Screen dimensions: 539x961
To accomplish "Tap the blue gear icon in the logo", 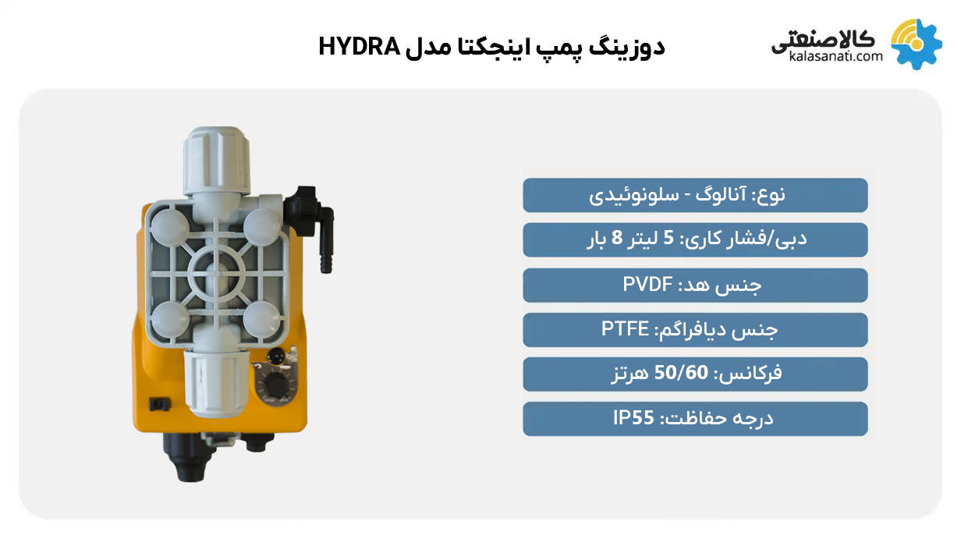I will point(917,44).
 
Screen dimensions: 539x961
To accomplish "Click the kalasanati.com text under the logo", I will point(835,56).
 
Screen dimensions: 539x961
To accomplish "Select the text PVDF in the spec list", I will point(647,285).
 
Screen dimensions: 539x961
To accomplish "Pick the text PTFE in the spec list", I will point(626,329).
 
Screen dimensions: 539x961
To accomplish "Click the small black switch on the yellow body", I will point(158,403).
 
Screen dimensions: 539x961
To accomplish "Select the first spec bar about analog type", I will point(695,195).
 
